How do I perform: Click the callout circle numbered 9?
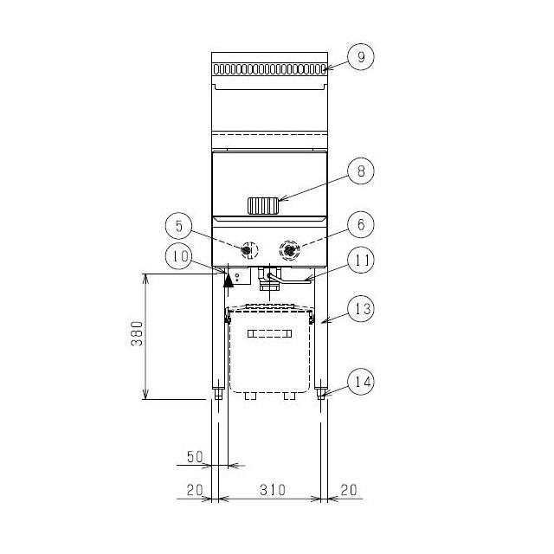(x=361, y=57)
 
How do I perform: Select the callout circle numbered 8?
(x=361, y=171)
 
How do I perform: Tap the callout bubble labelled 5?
(x=179, y=226)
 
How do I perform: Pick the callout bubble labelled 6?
(x=361, y=224)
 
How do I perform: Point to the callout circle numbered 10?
(x=179, y=256)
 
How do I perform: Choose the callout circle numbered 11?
(x=361, y=261)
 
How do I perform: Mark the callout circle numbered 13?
(x=361, y=309)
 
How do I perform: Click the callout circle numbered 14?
(x=361, y=382)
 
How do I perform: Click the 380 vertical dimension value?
(x=137, y=333)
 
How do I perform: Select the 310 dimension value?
(x=273, y=490)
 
